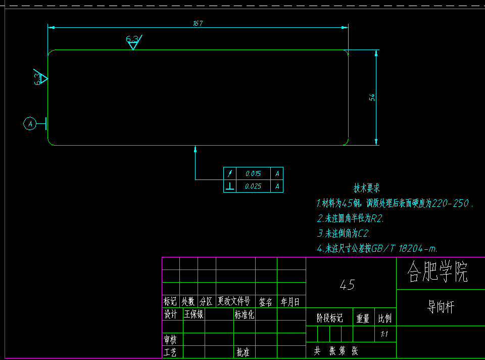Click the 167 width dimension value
point(198,23)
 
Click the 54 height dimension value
point(372,97)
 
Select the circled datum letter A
point(30,123)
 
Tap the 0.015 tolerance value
point(253,173)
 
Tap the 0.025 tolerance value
point(253,186)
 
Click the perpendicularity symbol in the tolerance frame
point(230,186)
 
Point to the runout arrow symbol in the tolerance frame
point(230,173)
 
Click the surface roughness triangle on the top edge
point(133,45)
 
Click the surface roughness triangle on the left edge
point(43,78)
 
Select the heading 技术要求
point(367,189)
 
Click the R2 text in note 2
point(377,218)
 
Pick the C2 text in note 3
point(364,234)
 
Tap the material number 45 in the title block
point(347,285)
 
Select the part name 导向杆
point(441,307)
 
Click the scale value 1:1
point(384,334)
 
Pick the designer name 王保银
point(193,314)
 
